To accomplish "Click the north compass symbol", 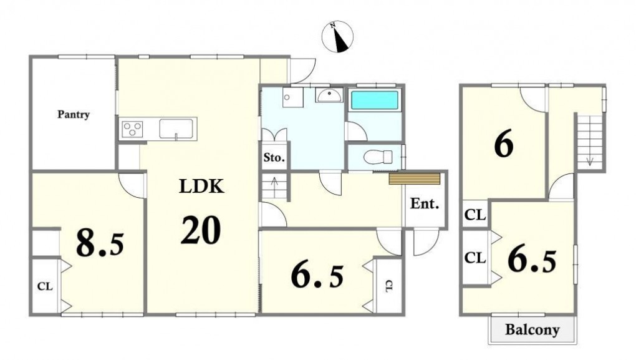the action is (x=337, y=37).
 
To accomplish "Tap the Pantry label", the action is (x=74, y=114).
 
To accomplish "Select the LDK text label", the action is (x=201, y=187).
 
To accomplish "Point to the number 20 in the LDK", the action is (x=201, y=230).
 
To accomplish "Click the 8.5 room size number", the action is (x=100, y=243).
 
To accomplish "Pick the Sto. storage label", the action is (x=274, y=157).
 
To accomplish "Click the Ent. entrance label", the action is (x=425, y=203).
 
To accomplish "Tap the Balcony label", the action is (x=532, y=329).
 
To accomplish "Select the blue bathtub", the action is (x=374, y=100).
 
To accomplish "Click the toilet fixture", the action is (x=378, y=157).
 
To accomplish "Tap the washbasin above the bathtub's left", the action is (x=329, y=95).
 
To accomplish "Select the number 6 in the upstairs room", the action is (x=504, y=145).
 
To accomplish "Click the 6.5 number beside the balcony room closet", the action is (x=532, y=260).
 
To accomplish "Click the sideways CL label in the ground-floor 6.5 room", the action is (x=388, y=286).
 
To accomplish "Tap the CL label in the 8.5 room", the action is (x=45, y=286).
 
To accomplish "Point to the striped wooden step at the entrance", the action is (x=415, y=178).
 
